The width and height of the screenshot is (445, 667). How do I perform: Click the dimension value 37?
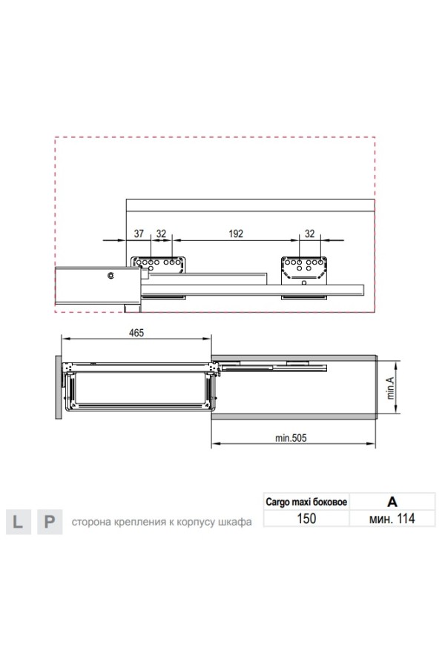click(x=139, y=233)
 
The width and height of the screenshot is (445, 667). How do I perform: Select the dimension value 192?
click(x=236, y=233)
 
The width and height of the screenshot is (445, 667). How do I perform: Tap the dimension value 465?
click(x=136, y=333)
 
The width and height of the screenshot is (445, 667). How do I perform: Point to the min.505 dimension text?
click(x=291, y=438)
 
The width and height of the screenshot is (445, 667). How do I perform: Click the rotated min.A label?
click(x=391, y=388)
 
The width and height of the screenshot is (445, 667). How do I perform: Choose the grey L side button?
click(x=19, y=522)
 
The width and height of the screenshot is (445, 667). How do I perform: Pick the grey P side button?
click(x=50, y=522)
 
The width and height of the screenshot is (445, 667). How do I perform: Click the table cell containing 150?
click(x=306, y=519)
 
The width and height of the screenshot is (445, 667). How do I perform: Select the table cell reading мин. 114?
click(x=392, y=519)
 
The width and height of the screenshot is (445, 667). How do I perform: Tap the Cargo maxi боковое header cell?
click(x=306, y=502)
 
